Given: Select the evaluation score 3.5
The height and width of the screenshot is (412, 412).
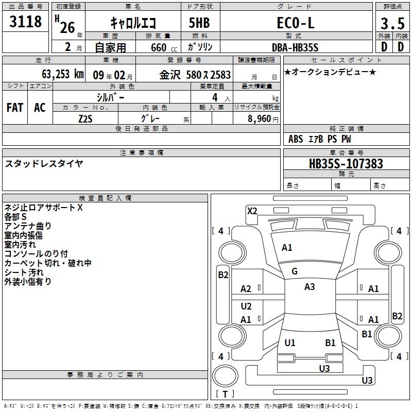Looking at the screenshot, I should point(392,23).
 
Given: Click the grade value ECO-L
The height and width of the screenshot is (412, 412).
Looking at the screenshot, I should point(296,23).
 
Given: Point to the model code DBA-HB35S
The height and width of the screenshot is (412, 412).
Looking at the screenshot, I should point(296,47).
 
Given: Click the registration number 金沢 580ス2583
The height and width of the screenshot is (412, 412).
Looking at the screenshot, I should point(195,74).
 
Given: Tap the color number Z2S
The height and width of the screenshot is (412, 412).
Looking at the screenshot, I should point(85,118).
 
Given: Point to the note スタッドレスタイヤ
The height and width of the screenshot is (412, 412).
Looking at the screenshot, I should point(44,164).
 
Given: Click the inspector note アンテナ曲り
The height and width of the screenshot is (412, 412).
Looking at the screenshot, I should point(28,226).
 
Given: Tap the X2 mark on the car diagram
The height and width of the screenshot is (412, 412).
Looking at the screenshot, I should point(252,211).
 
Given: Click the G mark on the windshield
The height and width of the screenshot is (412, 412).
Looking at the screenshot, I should point(295,271).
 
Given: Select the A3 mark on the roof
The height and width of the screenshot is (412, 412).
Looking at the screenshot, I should point(310,287).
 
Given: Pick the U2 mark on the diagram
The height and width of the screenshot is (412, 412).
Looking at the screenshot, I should point(246,306).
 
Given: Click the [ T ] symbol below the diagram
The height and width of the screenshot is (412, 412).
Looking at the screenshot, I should point(225,394).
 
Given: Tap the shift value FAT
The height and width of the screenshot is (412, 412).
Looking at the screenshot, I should point(15,108).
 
